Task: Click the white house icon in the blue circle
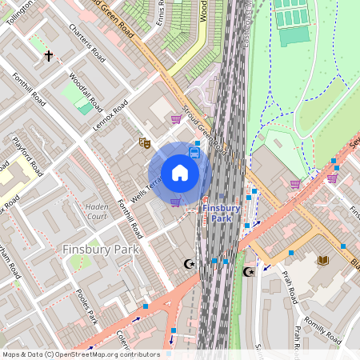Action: [x=180, y=173]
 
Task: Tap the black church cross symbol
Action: [x=49, y=56]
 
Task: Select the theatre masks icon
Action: [x=145, y=142]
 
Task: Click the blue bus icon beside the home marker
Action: [x=194, y=152]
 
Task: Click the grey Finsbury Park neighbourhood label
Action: [x=101, y=249]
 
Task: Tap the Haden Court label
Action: [x=96, y=211]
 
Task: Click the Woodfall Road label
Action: [x=86, y=94]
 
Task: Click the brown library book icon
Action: [x=323, y=261]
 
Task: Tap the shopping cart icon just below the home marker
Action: [x=175, y=202]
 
